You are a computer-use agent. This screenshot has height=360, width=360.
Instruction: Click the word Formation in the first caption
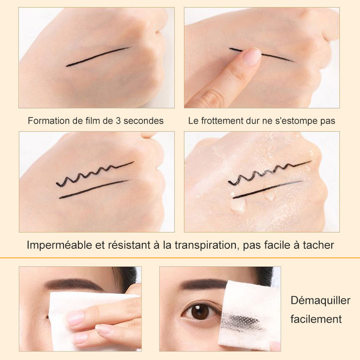point(49,121)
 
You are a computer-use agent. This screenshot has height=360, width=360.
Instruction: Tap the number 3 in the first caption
point(118,121)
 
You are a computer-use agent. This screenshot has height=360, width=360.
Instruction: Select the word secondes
point(144,121)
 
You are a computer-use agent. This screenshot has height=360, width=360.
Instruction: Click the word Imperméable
point(59,245)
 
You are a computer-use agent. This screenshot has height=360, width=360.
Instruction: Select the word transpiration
point(205,245)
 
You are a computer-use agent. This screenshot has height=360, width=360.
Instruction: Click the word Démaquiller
point(320,301)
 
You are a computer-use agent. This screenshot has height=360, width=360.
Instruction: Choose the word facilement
point(316,319)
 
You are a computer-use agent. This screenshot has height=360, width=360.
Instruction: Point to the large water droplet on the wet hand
point(237,204)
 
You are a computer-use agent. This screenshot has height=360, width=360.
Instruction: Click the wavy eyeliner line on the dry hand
point(95,174)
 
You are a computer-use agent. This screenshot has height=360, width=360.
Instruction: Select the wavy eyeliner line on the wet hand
point(270,173)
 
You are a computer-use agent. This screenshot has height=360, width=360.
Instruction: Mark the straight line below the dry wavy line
point(94,189)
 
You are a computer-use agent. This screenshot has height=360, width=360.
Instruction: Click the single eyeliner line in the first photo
point(97,57)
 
